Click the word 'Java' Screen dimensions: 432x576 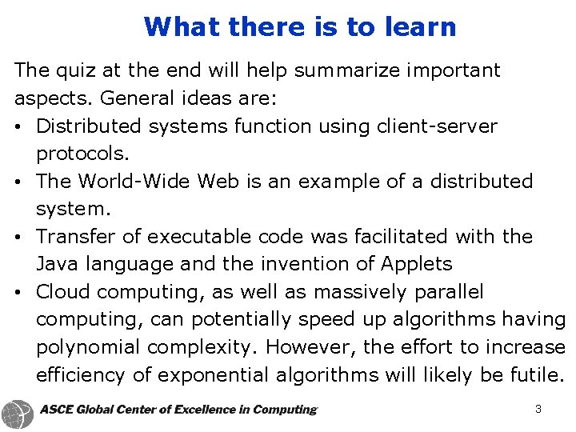55,264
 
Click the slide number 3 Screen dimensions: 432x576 538,410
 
